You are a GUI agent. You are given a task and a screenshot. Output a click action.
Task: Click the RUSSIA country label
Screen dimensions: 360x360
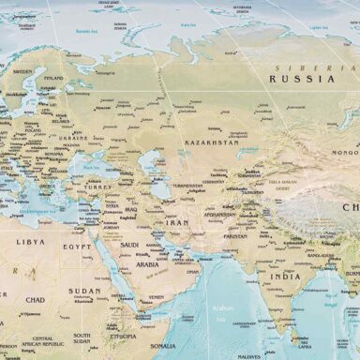(301, 79)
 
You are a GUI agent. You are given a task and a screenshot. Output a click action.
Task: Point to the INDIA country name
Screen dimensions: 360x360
(286, 277)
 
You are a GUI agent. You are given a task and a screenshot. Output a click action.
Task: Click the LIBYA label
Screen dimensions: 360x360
(30, 241)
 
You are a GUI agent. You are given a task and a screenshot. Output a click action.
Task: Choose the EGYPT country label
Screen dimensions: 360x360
(77, 247)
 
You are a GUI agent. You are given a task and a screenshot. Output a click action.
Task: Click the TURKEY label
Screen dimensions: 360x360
(98, 187)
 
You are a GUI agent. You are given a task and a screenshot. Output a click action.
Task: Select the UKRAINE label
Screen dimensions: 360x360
(74, 137)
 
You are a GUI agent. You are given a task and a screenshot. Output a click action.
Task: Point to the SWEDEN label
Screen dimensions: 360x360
(22, 71)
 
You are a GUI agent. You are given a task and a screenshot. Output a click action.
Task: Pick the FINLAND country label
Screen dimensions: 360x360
(52, 78)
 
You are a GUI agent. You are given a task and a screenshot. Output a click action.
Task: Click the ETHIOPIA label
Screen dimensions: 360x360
(123, 336)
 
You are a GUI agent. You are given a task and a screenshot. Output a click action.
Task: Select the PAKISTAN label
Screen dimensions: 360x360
(234, 236)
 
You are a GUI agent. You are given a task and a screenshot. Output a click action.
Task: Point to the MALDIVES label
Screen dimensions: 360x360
(248, 356)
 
